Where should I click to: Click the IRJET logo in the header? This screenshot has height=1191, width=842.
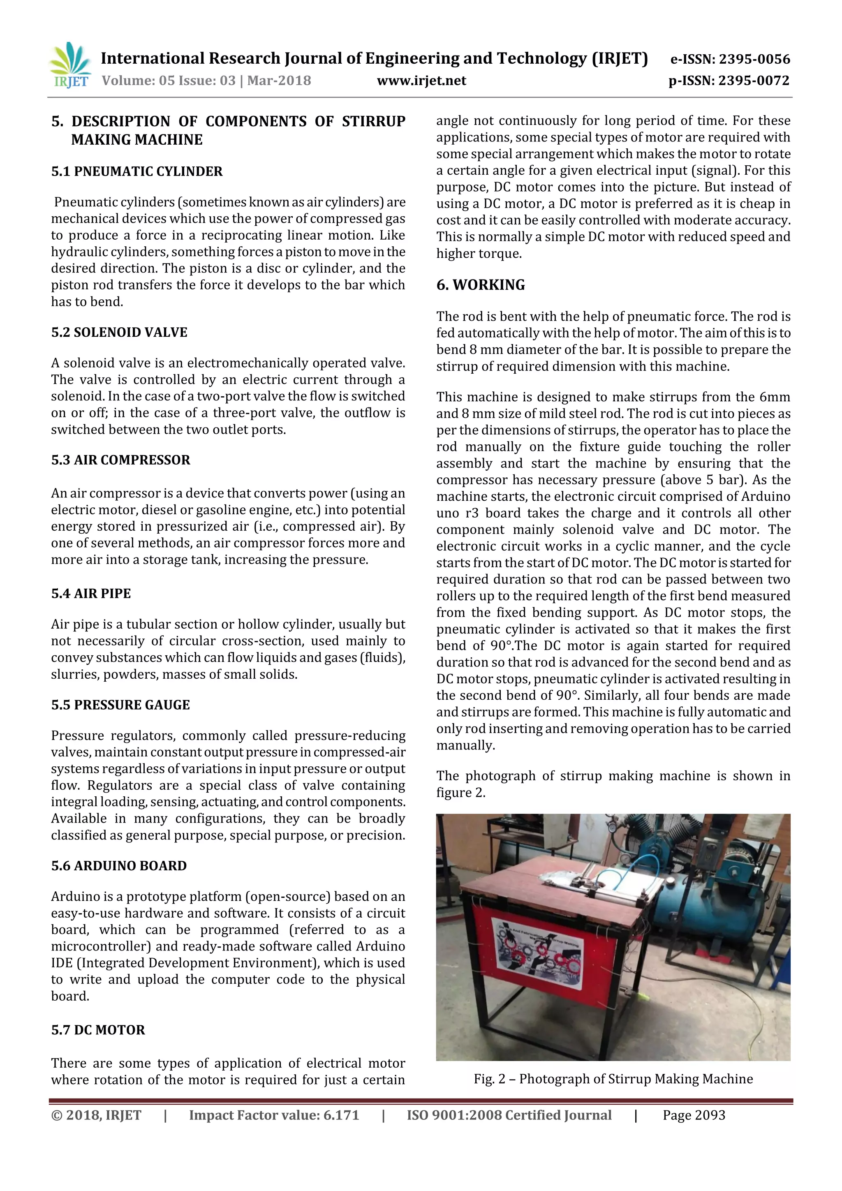pos(70,65)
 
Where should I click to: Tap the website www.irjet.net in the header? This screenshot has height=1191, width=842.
pos(421,81)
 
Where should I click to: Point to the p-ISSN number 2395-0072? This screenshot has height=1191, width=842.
pos(753,81)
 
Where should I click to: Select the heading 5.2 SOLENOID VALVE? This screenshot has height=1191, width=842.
pos(119,332)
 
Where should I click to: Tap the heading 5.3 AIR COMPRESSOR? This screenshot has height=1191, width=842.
pos(120,460)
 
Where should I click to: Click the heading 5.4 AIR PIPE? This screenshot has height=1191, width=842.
pos(91,593)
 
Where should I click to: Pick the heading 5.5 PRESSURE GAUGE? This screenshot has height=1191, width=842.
pos(120,705)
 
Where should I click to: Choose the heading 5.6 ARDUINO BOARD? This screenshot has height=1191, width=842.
pos(119,866)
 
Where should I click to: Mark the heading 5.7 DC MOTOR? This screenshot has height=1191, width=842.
pos(98,1030)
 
